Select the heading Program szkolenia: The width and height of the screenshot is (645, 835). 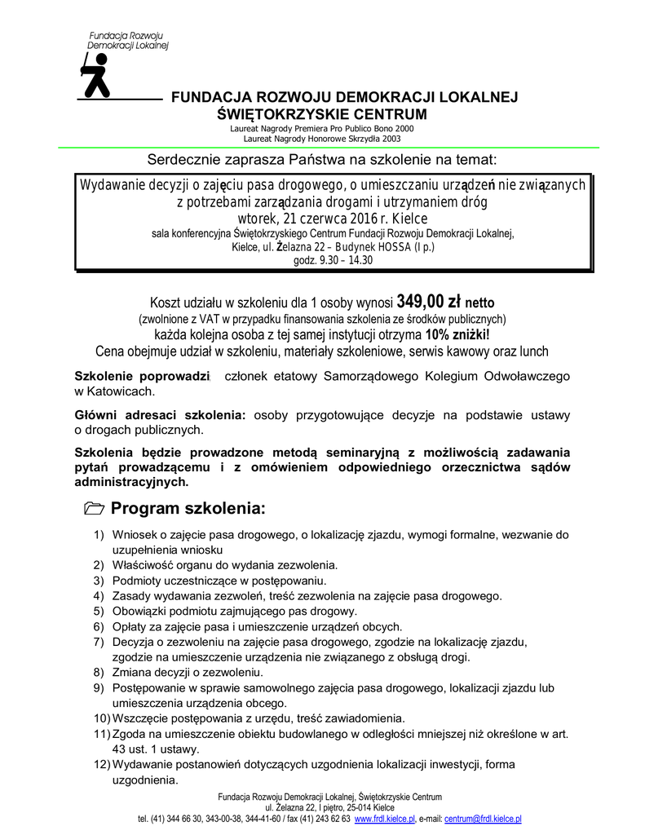(188, 510)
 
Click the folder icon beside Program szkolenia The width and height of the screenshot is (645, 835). (94, 510)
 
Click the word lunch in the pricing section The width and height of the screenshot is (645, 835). (532, 351)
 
